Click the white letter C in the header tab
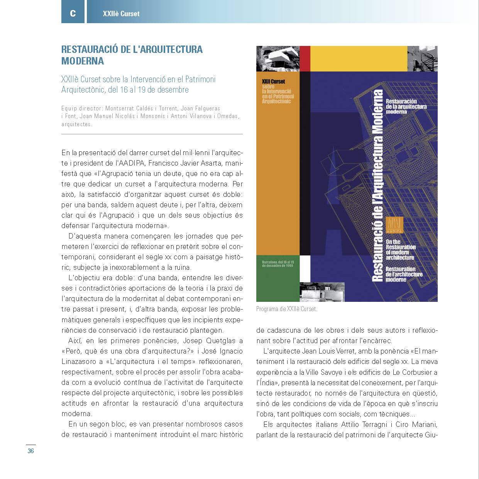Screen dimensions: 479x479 click(x=73, y=14)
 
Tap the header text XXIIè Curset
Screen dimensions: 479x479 click(x=121, y=14)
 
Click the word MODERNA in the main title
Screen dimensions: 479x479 click(x=83, y=61)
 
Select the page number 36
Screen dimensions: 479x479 click(x=30, y=451)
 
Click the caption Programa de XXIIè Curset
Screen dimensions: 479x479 click(x=286, y=309)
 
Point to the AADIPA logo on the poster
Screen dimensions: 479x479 click(x=394, y=225)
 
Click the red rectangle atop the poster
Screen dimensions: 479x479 click(x=305, y=59)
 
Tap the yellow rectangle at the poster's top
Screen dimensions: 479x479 click(x=359, y=59)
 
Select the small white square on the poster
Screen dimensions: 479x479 click(x=305, y=269)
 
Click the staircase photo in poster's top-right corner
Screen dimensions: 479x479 click(x=422, y=59)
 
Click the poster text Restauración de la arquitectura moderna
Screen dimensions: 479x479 click(x=406, y=107)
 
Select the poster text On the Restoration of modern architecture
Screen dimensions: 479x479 click(x=400, y=250)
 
